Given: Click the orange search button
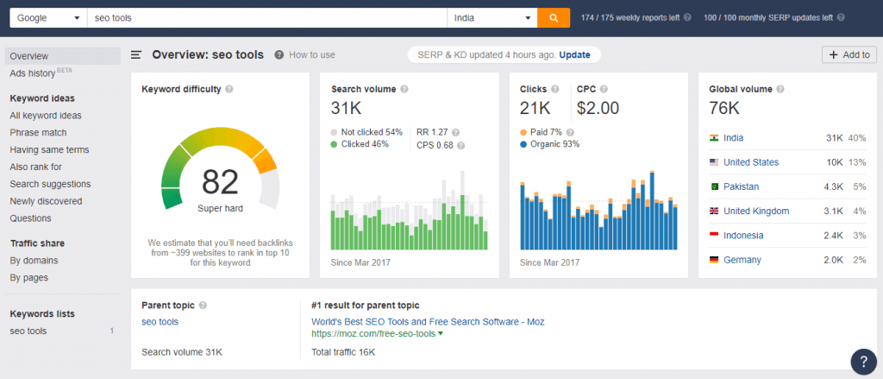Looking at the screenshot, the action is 554,17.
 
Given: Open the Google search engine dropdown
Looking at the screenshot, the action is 48,17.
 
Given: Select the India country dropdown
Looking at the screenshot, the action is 492,17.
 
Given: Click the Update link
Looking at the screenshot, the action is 574,54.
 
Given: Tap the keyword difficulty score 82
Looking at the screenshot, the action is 220,182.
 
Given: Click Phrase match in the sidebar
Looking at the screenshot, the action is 38,133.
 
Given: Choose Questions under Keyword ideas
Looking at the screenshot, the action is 30,218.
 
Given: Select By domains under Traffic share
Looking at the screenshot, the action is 34,261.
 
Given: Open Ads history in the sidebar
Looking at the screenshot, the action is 32,73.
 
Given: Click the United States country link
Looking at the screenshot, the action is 751,162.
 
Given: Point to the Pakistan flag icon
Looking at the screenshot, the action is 714,186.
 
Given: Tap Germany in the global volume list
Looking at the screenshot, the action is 742,260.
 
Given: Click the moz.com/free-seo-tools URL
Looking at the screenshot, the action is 373,334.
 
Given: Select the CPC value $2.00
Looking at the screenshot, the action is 598,108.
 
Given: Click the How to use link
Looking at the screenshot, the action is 312,54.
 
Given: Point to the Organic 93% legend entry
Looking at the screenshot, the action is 549,144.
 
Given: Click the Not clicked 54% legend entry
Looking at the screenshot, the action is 366,133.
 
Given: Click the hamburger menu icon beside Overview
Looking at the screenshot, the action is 136,54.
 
